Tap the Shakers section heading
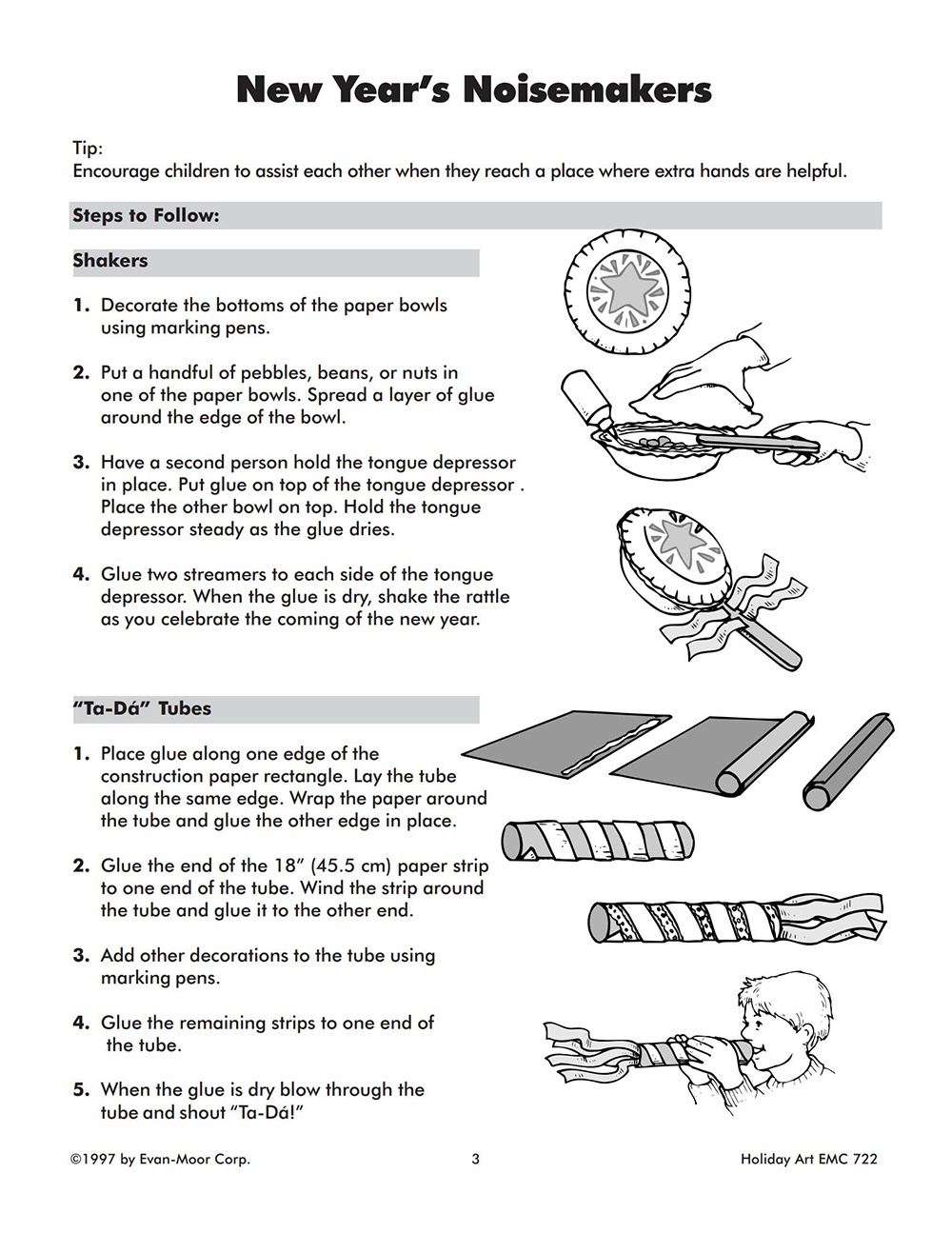click(x=110, y=261)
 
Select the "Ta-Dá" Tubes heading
click(x=142, y=708)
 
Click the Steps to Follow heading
click(x=146, y=216)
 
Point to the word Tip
click(x=87, y=149)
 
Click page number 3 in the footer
click(x=476, y=1159)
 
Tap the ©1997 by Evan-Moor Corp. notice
click(x=160, y=1159)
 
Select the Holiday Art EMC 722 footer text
click(x=808, y=1159)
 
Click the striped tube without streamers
click(x=598, y=839)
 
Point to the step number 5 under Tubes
click(x=81, y=1089)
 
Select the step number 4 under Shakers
click(x=81, y=574)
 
